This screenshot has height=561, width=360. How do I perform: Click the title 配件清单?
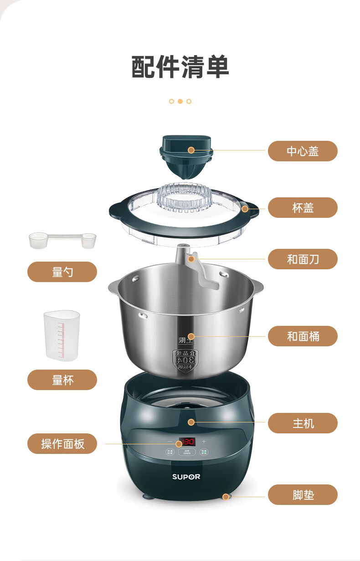(180, 67)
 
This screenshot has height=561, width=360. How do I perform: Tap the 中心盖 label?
(303, 151)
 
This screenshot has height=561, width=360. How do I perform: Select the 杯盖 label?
(303, 208)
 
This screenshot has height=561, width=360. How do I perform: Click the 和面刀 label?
(303, 259)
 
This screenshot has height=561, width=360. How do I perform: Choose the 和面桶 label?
(303, 336)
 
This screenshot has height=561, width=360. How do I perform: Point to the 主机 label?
(303, 423)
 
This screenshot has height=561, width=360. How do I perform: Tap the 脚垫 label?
(303, 495)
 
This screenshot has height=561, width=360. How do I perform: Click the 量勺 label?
(62, 272)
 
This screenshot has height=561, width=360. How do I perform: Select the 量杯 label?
(62, 380)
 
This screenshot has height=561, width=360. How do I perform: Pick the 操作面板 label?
(62, 443)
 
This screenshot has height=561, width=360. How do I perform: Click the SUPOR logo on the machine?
(186, 477)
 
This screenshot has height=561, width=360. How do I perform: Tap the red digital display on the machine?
(187, 442)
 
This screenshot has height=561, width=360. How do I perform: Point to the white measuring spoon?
(62, 240)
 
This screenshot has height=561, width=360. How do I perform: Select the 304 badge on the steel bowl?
(185, 359)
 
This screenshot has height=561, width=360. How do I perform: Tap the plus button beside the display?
(204, 442)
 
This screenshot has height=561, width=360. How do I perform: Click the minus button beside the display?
(170, 442)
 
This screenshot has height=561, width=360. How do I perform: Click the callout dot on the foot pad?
(225, 496)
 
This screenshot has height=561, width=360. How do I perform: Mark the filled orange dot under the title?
(180, 101)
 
